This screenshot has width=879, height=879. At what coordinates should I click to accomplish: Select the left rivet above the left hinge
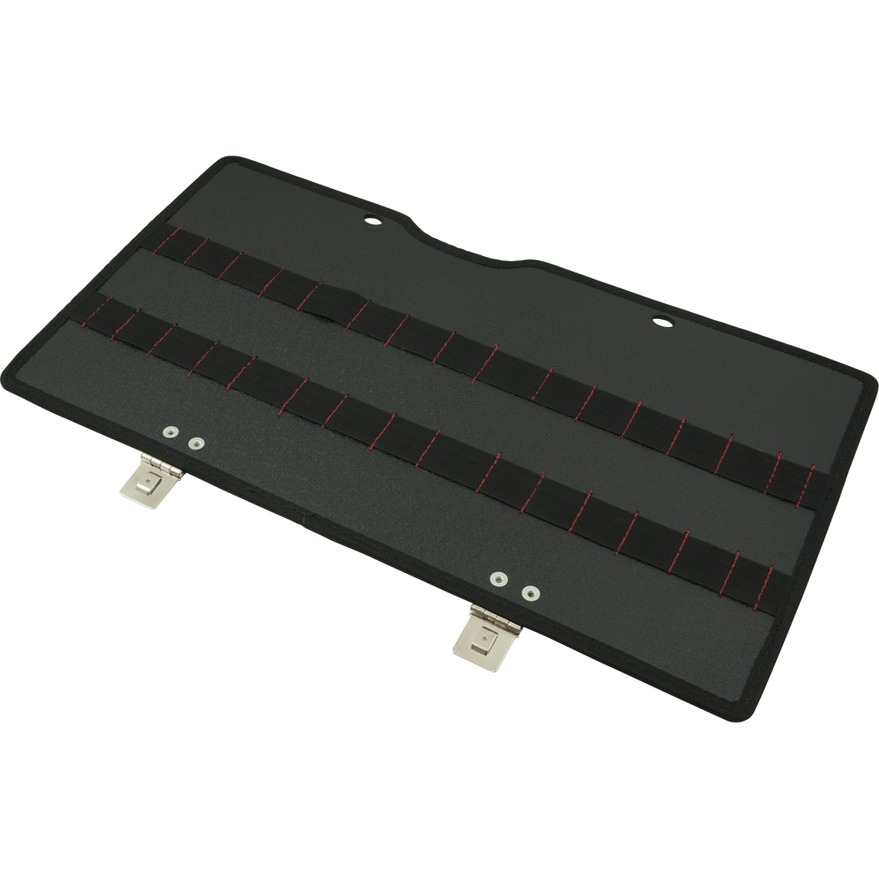coord(169,432)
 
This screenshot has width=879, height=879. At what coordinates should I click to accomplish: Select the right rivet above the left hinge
coord(196,444)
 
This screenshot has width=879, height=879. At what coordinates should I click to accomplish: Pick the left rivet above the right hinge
coord(499,578)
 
